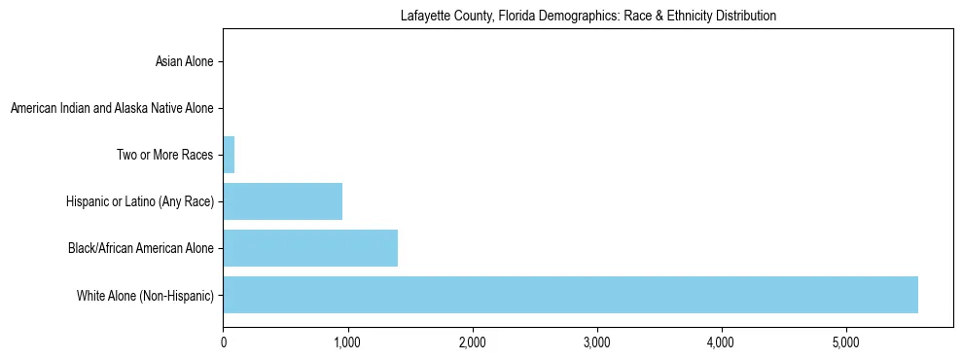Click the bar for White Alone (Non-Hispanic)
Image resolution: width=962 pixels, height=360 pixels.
tap(570, 295)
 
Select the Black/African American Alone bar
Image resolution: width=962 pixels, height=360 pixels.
tap(310, 248)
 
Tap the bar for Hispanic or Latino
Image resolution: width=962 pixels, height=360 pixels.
tap(282, 201)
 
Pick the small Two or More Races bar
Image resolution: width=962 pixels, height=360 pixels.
tap(229, 155)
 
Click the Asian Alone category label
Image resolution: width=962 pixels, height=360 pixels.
tap(184, 62)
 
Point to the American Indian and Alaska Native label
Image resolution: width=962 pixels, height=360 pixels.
tap(112, 108)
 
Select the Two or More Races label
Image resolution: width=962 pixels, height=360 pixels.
tap(164, 155)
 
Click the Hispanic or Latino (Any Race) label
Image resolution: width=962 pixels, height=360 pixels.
tap(140, 201)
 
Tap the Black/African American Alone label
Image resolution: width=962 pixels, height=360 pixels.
tap(141, 248)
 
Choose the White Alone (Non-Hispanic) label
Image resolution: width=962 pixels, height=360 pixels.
tap(145, 295)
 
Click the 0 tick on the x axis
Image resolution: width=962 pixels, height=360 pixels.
tap(224, 342)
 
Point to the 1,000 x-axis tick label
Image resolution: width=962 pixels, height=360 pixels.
tap(347, 342)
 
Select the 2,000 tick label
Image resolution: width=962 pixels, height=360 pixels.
tap(472, 342)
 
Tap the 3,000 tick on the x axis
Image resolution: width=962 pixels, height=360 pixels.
tap(596, 342)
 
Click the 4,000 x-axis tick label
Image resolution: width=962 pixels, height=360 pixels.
tap(721, 342)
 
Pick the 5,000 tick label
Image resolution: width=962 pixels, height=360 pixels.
tap(845, 342)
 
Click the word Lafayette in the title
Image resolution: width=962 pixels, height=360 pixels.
tap(424, 17)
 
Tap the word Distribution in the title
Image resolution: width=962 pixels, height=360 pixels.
tap(746, 17)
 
